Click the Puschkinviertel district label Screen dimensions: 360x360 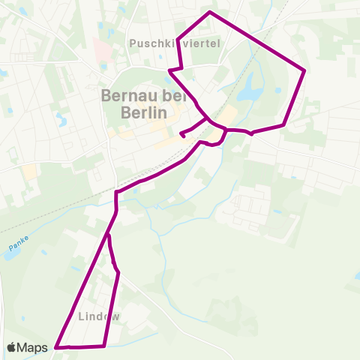175,43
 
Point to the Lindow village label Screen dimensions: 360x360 97,316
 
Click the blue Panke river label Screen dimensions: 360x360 17,244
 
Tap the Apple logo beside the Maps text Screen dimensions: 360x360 12,347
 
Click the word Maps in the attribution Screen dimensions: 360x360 34,347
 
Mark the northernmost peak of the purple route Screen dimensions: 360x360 210,12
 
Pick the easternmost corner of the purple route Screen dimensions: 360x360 305,70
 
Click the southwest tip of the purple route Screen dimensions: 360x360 56,347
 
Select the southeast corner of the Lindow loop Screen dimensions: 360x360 103,346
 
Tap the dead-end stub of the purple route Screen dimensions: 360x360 183,137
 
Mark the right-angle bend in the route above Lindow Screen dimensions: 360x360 116,193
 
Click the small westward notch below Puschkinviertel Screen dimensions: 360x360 169,70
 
